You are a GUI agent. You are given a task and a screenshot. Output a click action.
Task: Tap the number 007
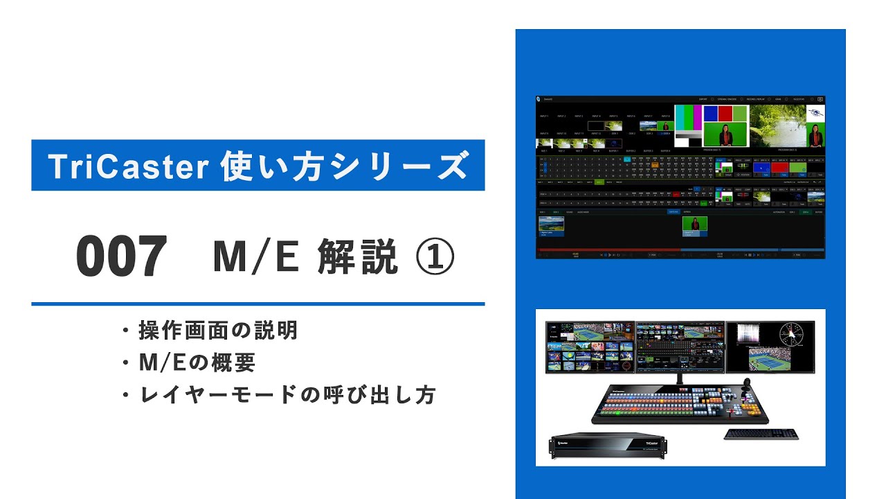pyautogui.click(x=122, y=256)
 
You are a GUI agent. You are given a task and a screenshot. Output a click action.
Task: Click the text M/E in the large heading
pyautogui.click(x=256, y=256)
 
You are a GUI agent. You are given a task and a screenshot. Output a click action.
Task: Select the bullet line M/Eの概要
pyautogui.click(x=197, y=362)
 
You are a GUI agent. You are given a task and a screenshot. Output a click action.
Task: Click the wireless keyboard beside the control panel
pyautogui.click(x=761, y=435)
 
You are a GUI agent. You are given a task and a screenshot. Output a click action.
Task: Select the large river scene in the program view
pyautogui.click(x=779, y=125)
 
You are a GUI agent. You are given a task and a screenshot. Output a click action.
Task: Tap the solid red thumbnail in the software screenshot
pyautogui.click(x=779, y=167)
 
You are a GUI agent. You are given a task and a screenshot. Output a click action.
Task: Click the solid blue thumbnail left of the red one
pyautogui.click(x=761, y=167)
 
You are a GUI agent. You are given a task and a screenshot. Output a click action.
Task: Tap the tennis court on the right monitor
pyautogui.click(x=772, y=360)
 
